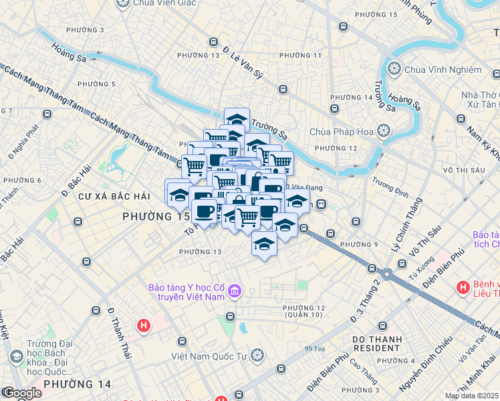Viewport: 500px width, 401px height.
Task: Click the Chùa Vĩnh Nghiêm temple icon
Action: [x=394, y=69]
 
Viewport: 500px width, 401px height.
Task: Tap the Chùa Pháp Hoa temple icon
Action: [x=383, y=131]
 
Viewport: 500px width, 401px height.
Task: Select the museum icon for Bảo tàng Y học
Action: [x=235, y=291]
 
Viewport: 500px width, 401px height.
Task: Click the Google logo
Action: [x=21, y=393]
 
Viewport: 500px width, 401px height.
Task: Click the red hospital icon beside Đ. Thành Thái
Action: [x=142, y=326]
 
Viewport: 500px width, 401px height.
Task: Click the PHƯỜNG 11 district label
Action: [x=300, y=55]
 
